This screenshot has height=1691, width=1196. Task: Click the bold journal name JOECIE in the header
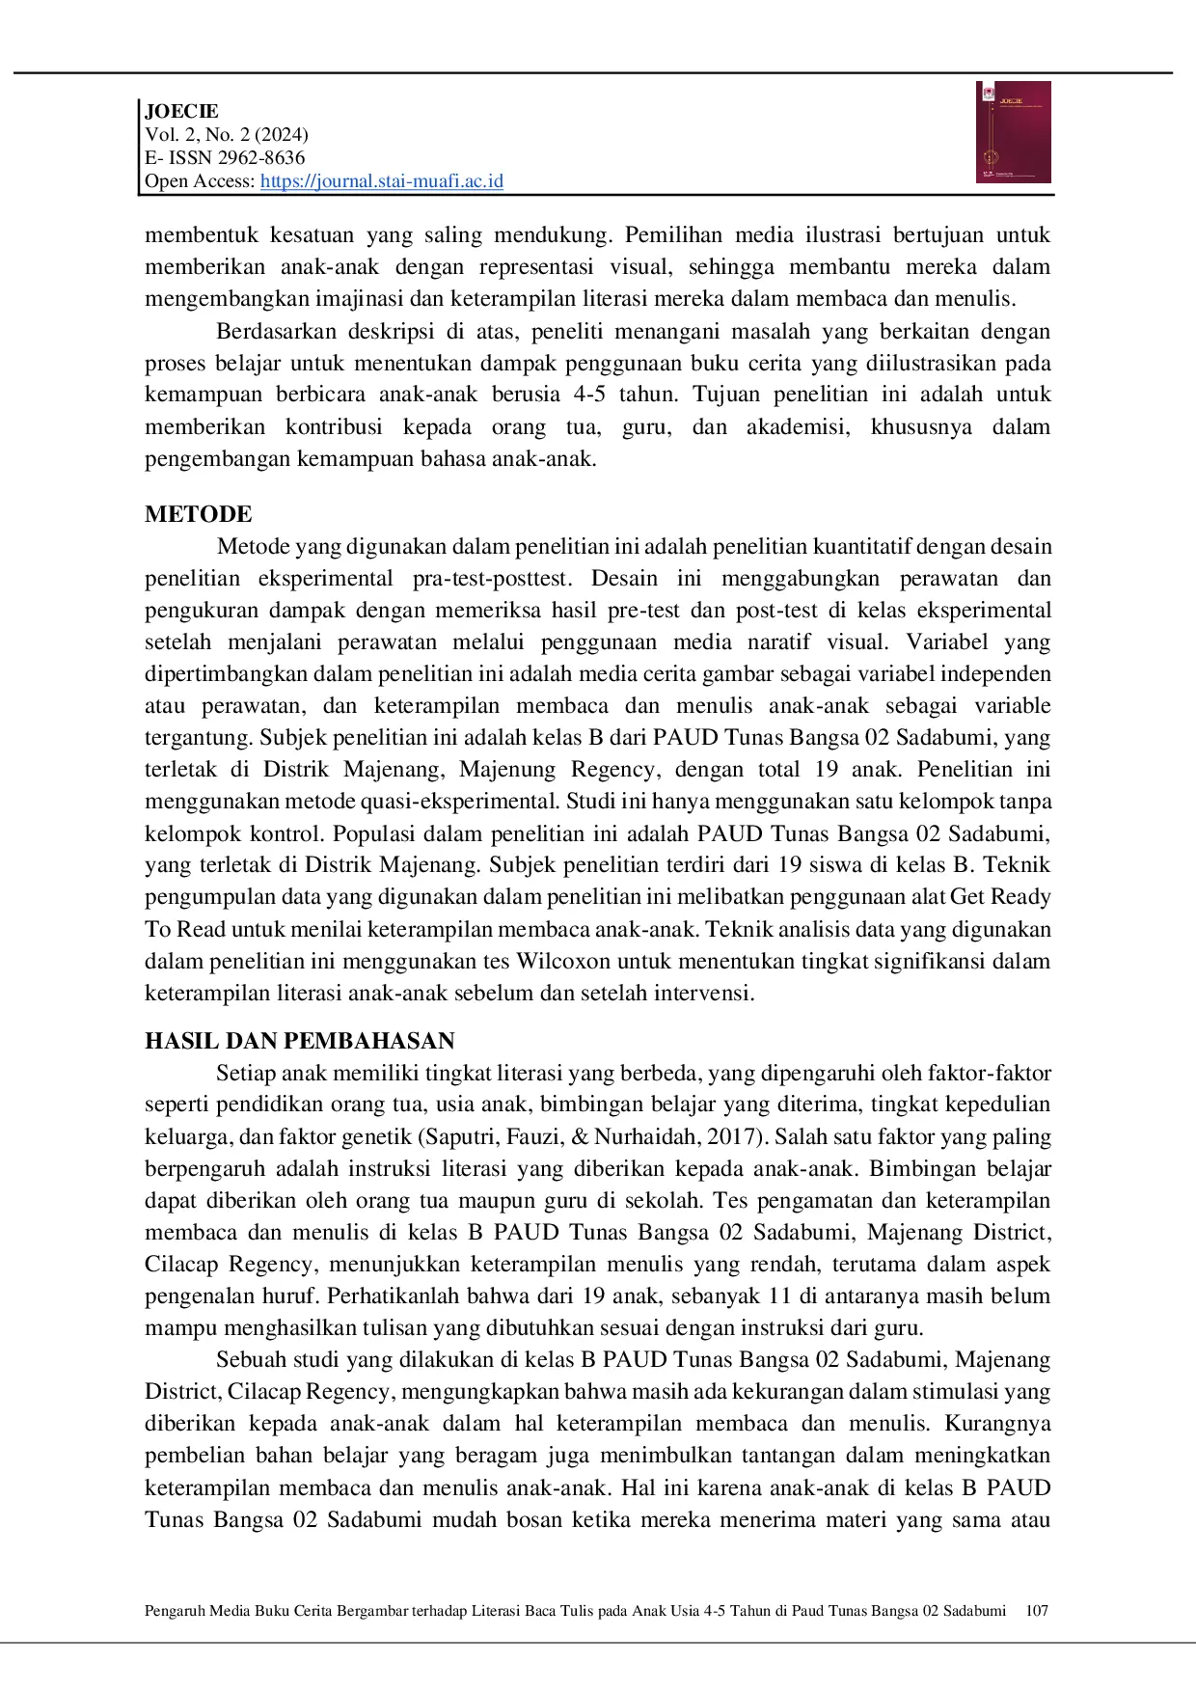181,111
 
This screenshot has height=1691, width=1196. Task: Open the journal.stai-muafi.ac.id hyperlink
381,181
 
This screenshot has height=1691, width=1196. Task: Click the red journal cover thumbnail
1013,132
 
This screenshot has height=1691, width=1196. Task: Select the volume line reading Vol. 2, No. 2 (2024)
227,134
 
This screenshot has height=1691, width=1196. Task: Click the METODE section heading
198,514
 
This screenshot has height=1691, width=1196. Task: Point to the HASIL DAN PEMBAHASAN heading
299,1041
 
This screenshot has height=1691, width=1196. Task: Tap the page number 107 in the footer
1037,1610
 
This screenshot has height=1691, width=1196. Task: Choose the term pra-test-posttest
492,578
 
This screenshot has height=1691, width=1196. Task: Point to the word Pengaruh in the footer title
173,1610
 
